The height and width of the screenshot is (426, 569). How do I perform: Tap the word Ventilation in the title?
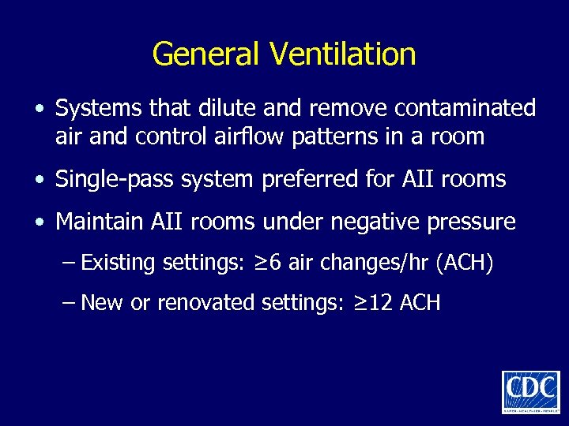tap(342, 54)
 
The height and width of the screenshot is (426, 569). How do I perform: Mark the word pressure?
tap(472, 223)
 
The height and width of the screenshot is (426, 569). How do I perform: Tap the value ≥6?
tap(271, 262)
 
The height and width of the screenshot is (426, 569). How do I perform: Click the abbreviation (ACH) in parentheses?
tap(465, 263)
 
